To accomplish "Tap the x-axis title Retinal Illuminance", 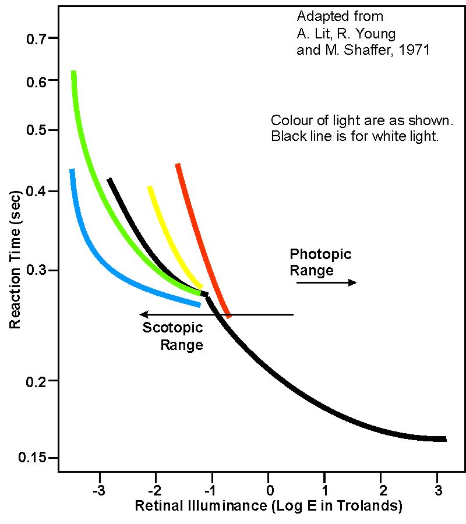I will point(269,505).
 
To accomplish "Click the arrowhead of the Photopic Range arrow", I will point(352,282).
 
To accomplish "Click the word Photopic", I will point(320,254).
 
